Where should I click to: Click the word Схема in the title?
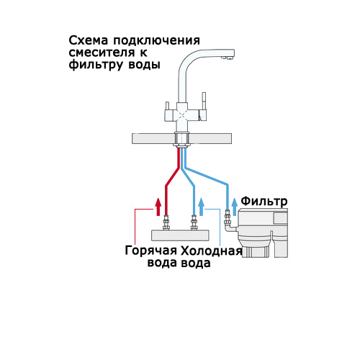coord(89,40)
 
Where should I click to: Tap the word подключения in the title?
coord(156,41)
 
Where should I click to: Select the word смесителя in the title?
coord(102,53)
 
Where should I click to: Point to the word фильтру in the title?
coord(96,65)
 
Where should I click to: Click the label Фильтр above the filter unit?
coord(264,201)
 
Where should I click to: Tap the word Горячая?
coord(150,251)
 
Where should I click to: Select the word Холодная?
coord(211,251)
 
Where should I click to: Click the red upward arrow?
coord(158,207)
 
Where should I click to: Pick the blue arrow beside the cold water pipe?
coord(202,207)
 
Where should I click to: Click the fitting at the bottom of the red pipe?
coord(166,222)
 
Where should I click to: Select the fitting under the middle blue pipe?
coord(194,222)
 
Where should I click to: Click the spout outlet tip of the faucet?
coord(228,58)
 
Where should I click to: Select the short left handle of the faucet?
coord(167,106)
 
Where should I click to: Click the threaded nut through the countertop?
coord(181,139)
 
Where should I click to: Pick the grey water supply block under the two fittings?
coord(180,235)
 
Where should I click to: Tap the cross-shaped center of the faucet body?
coord(182,116)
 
